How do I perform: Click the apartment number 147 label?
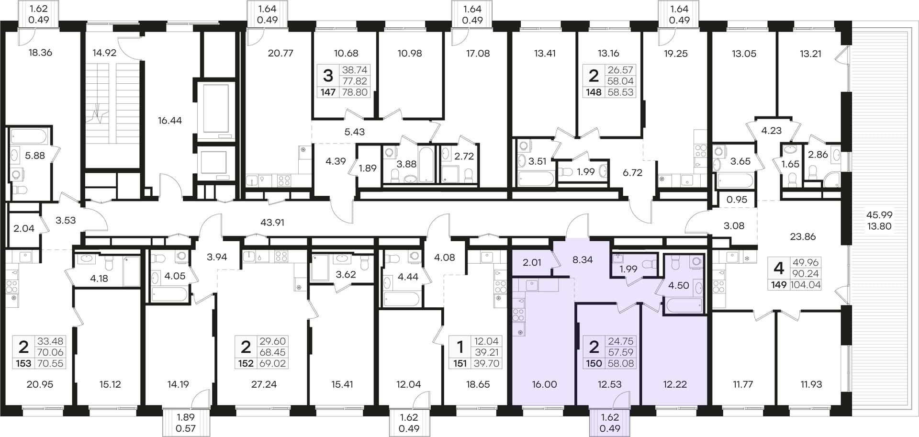328,92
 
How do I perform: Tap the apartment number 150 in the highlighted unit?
594,364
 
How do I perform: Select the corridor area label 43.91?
272,223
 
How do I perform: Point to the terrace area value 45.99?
879,215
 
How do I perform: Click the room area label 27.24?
264,384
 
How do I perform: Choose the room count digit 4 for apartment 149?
779,268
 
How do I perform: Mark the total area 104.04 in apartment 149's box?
805,285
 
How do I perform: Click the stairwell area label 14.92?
104,53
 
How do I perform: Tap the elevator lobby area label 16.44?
170,121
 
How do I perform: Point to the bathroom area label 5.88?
35,156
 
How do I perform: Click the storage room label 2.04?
24,229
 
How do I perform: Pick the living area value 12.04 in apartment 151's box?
486,342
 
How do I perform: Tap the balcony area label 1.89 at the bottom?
186,417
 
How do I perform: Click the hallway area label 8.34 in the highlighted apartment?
583,260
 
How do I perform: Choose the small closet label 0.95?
737,200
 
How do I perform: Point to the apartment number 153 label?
23,364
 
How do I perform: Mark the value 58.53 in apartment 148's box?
620,92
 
